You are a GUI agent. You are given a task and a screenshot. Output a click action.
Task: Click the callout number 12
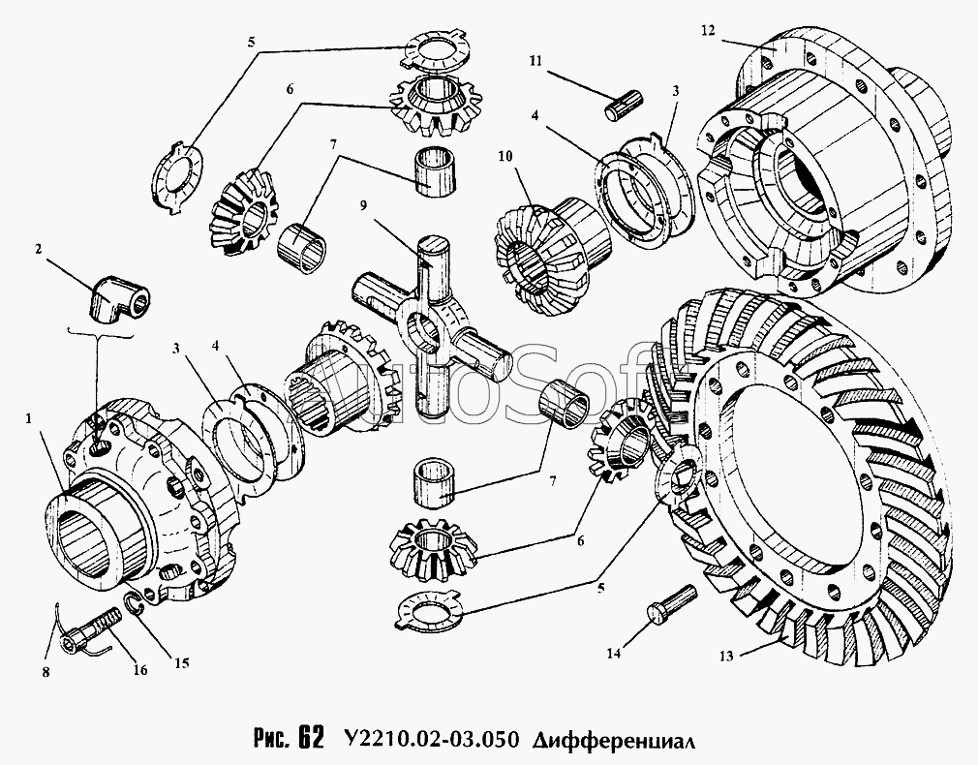707,30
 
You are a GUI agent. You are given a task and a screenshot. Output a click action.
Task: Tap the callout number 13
726,656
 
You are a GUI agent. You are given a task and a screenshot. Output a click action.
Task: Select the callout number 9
363,204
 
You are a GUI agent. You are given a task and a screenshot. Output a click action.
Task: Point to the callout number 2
39,249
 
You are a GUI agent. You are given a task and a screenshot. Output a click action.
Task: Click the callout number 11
536,61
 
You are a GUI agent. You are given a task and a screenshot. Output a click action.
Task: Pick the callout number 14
614,654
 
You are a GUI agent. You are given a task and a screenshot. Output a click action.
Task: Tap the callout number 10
505,155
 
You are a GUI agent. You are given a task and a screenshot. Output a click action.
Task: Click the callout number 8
46,672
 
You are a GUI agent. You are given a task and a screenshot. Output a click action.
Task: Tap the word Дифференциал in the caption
614,740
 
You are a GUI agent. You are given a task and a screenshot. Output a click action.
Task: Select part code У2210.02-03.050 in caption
431,739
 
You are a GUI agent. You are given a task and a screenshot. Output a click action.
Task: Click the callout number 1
28,418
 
